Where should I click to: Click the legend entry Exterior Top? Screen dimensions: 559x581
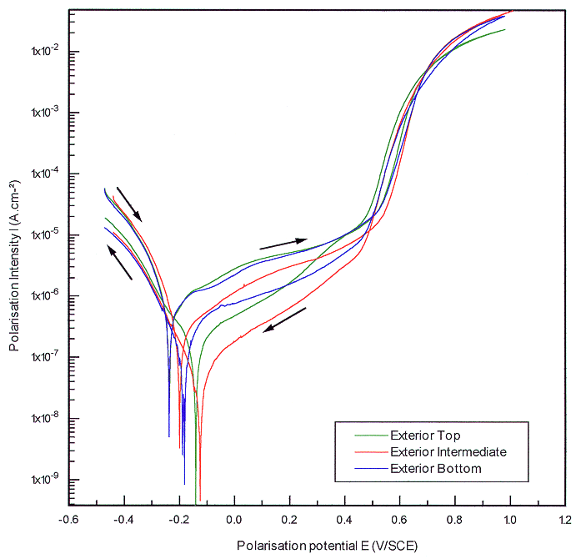click(425, 436)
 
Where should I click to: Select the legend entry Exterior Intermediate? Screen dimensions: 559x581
click(448, 452)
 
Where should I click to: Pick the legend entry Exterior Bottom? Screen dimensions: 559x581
click(435, 469)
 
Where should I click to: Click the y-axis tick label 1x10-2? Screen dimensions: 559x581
click(41, 52)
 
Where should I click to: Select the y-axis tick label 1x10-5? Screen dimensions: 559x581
click(41, 235)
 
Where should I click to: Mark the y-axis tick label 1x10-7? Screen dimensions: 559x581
click(41, 357)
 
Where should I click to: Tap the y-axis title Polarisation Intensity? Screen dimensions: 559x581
click(13, 264)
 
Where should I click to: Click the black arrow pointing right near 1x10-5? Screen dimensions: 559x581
click(283, 244)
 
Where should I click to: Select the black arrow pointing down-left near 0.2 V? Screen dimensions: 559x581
click(284, 320)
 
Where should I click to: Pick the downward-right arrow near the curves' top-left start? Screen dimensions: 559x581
click(129, 204)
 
